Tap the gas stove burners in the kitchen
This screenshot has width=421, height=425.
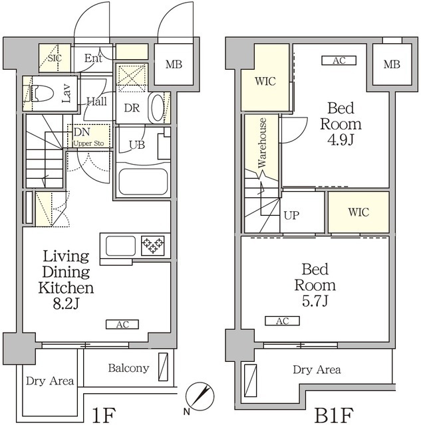[x=152, y=246]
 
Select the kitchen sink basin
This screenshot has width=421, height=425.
[x=120, y=246]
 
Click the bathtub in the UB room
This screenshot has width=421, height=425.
[x=143, y=181]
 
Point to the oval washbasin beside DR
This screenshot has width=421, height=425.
[x=157, y=108]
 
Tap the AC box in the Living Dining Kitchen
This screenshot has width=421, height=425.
[x=122, y=325]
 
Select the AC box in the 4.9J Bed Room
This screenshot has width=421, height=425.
[x=339, y=60]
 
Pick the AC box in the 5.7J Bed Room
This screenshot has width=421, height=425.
[x=282, y=321]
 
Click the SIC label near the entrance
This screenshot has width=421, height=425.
[x=55, y=58]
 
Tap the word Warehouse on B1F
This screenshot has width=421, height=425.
[x=262, y=143]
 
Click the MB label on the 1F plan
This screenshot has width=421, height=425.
[x=174, y=64]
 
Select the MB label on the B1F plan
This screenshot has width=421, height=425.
[x=392, y=64]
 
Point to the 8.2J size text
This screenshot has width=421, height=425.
[x=66, y=304]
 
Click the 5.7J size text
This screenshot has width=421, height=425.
[x=315, y=301]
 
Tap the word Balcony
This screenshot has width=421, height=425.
[x=128, y=368]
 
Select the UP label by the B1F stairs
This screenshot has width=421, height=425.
[x=291, y=215]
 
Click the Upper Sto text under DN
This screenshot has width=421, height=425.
[x=88, y=143]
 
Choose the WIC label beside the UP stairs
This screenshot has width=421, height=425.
[x=358, y=212]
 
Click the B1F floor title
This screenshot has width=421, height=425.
[x=334, y=415]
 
